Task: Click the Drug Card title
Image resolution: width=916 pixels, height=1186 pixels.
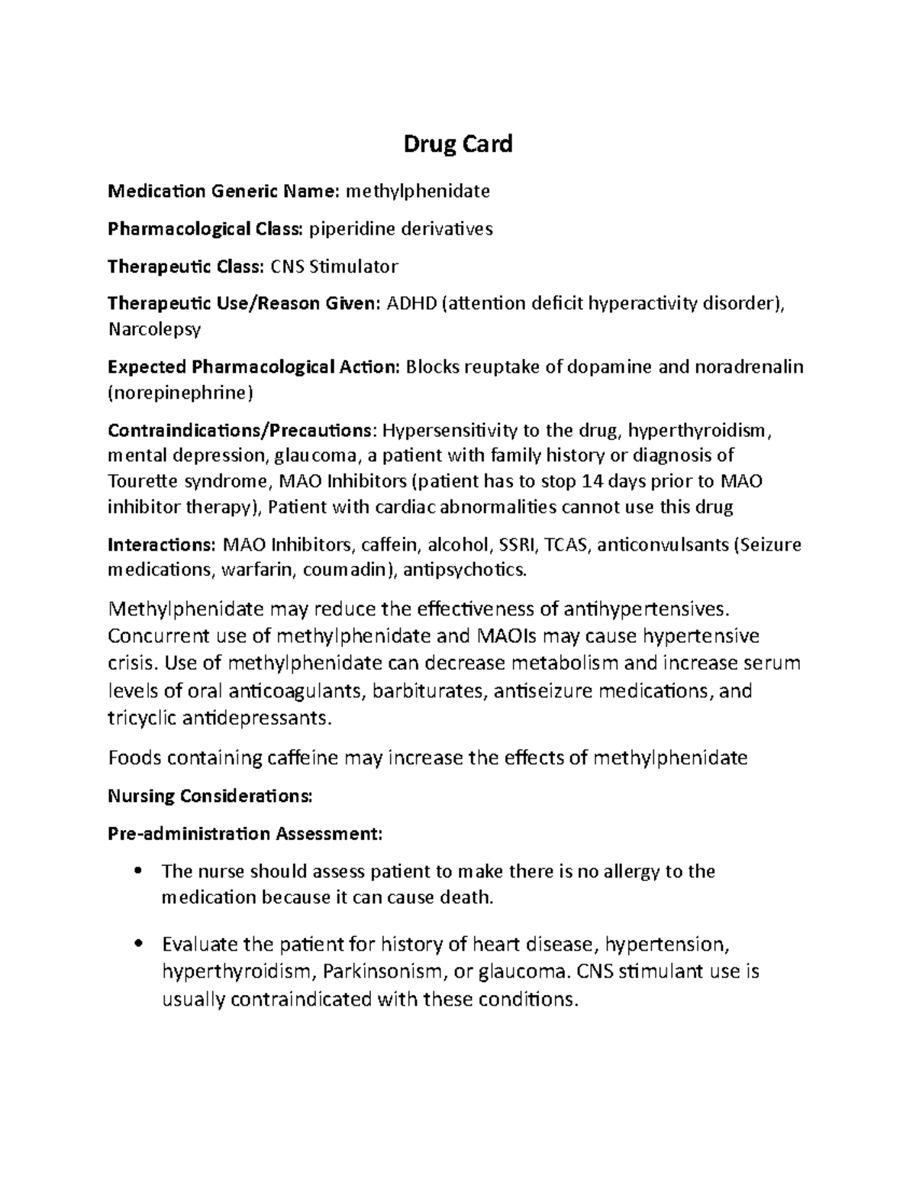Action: coord(458,144)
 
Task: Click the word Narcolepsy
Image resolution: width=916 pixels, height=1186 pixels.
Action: coord(154,330)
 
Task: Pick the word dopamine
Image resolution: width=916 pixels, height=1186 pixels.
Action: coord(609,367)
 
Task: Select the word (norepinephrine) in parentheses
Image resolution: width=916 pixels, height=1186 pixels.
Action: coord(179,393)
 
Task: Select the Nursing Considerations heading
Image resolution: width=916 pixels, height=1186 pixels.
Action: coord(210,797)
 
